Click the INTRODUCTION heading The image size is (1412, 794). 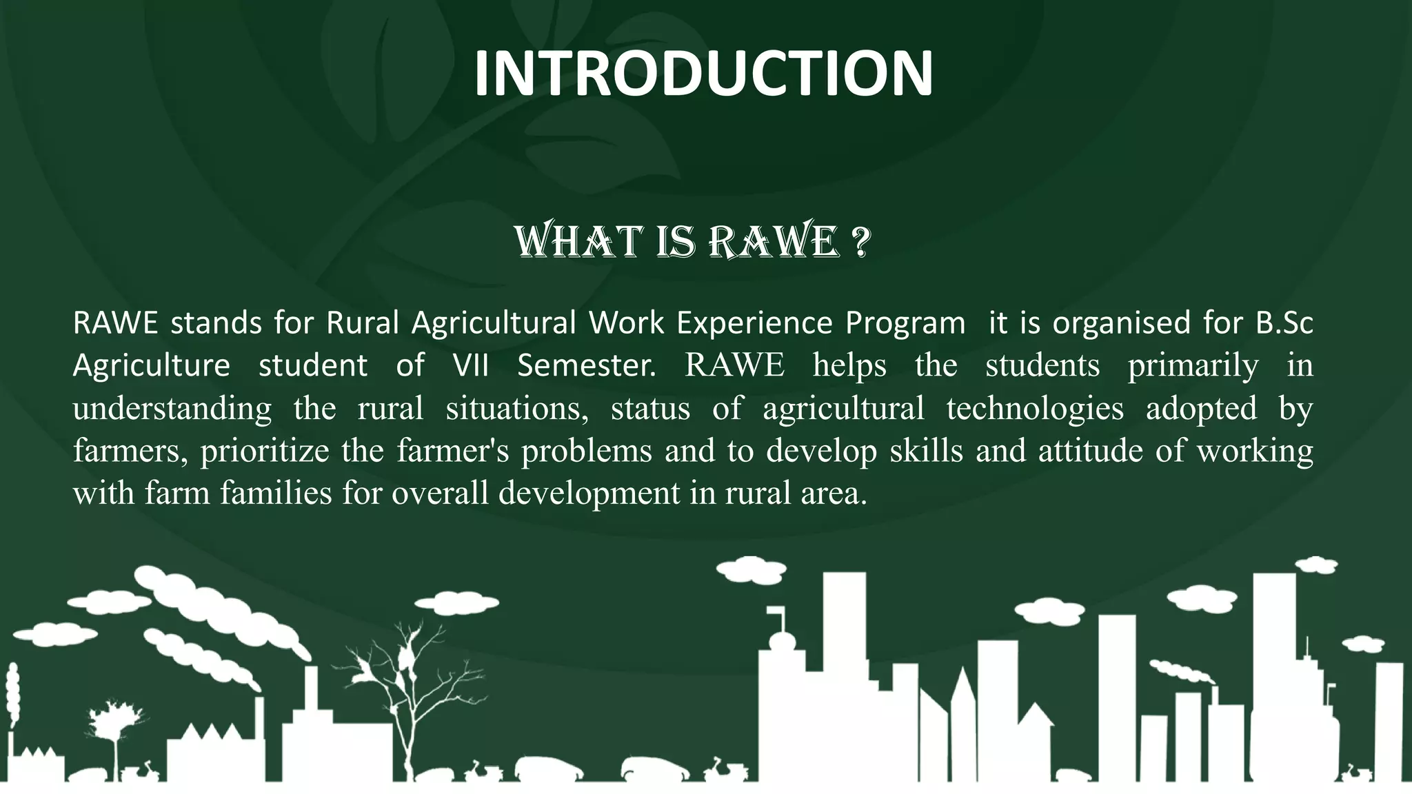(703, 74)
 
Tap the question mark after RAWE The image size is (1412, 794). (860, 242)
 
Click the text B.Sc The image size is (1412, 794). (1284, 323)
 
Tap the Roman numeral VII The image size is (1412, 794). (470, 365)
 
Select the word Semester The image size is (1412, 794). (586, 365)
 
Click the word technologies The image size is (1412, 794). (1034, 408)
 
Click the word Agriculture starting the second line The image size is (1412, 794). (151, 365)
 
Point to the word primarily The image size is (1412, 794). (1193, 365)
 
